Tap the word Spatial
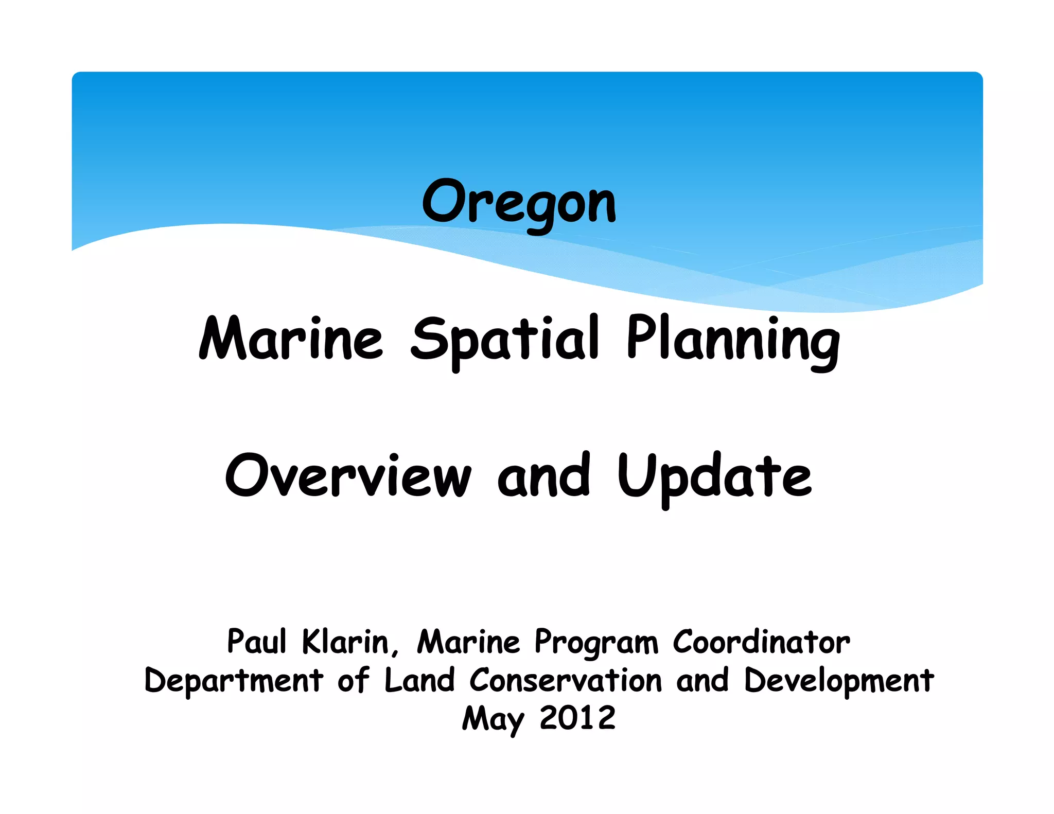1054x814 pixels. point(504,340)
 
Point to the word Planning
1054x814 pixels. point(733,340)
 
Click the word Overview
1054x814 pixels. point(348,476)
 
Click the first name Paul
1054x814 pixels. point(256,642)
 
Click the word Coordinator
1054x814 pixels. point(761,642)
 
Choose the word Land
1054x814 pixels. point(419,680)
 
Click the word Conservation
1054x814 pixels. point(565,680)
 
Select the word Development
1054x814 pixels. point(838,681)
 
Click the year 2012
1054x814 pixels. point(577,718)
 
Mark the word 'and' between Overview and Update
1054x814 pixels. point(543,476)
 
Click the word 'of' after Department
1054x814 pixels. point(354,680)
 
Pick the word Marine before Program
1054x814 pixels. point(468,642)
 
